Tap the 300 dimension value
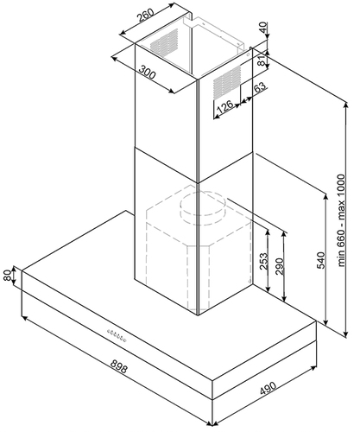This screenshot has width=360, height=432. click(148, 73)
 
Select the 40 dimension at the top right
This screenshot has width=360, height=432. click(263, 28)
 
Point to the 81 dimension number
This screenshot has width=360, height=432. click(261, 60)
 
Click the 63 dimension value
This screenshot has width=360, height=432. click(260, 87)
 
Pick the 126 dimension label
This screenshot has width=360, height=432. click(224, 106)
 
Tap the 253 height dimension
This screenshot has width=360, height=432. click(264, 261)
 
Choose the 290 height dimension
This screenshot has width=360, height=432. click(280, 266)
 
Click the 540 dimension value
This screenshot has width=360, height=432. click(321, 260)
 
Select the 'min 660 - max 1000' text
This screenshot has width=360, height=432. click(341, 220)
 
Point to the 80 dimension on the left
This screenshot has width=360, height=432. click(8, 276)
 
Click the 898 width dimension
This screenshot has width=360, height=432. click(118, 366)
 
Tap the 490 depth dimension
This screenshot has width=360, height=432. click(268, 389)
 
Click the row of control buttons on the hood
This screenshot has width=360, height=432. click(117, 335)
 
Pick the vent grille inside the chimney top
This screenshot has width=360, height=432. click(164, 42)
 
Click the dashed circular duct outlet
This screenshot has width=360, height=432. click(203, 206)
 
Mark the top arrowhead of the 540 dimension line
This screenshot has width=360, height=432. click(325, 197)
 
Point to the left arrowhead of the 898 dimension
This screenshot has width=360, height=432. click(25, 318)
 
